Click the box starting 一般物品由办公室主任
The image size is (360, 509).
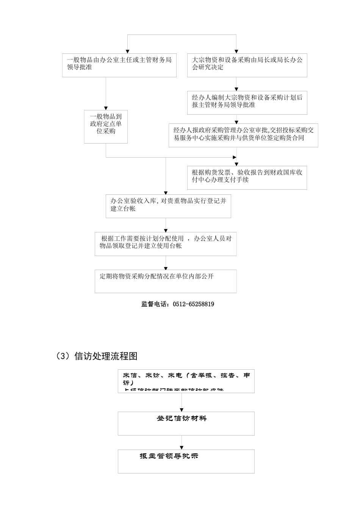point(119,65)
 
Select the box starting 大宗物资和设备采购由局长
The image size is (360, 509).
point(247,65)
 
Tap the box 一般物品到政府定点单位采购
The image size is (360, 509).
point(106,126)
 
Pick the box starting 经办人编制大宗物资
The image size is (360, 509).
point(247,102)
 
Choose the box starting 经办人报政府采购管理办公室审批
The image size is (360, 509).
point(243,135)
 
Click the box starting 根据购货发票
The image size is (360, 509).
point(247,177)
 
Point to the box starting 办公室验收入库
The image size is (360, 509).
point(168,206)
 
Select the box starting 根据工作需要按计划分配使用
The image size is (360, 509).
point(166,244)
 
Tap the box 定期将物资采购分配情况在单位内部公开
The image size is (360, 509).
point(166,281)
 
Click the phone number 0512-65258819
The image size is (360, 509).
point(193,304)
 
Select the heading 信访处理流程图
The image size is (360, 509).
point(106,356)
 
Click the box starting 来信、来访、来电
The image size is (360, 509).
point(186,381)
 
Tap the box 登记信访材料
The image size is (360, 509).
point(186,423)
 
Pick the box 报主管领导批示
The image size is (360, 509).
point(186,461)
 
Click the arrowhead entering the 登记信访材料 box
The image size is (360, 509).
point(182,410)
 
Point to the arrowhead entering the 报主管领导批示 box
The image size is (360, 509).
point(182,447)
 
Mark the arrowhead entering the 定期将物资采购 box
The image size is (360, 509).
point(166,267)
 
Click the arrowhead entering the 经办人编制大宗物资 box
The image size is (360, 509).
point(236,89)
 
